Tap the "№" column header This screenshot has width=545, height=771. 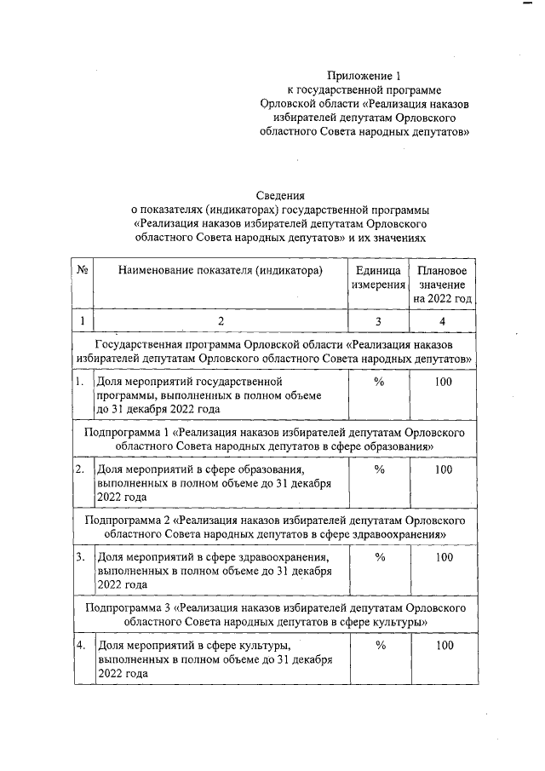(x=83, y=270)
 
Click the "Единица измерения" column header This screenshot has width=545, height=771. (x=379, y=277)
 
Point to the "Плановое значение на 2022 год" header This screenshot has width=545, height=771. (x=442, y=285)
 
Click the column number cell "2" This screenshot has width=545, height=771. (x=221, y=321)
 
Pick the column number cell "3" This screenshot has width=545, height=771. (x=379, y=321)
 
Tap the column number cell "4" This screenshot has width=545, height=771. (x=442, y=321)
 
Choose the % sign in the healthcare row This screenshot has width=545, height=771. (x=380, y=557)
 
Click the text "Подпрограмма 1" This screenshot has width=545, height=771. (x=128, y=432)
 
